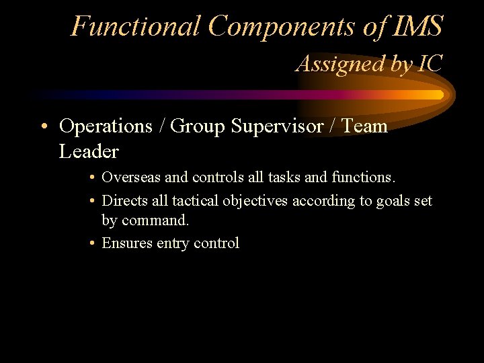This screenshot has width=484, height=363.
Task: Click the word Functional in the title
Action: [136, 27]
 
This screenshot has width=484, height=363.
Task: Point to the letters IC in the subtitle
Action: [429, 64]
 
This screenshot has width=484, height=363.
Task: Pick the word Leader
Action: [89, 152]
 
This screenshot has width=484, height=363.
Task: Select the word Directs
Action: [122, 201]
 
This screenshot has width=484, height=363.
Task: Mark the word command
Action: [157, 220]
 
